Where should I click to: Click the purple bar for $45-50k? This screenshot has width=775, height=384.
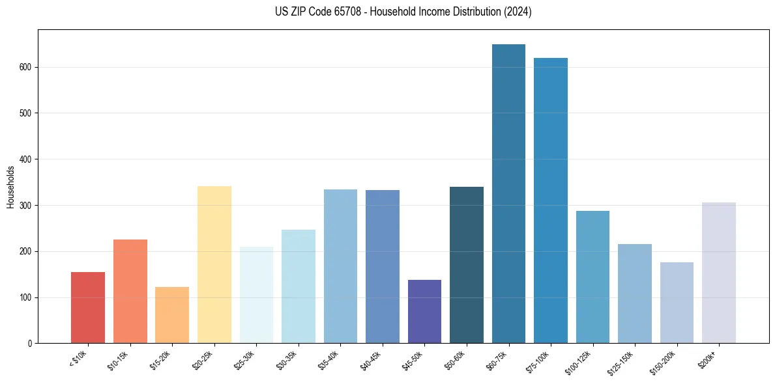pyautogui.click(x=424, y=312)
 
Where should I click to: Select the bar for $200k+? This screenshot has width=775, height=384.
pyautogui.click(x=719, y=273)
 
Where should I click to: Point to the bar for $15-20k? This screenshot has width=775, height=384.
pyautogui.click(x=172, y=315)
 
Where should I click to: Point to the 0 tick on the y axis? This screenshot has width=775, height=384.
pyautogui.click(x=31, y=344)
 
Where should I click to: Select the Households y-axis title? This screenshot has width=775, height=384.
pyautogui.click(x=10, y=187)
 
